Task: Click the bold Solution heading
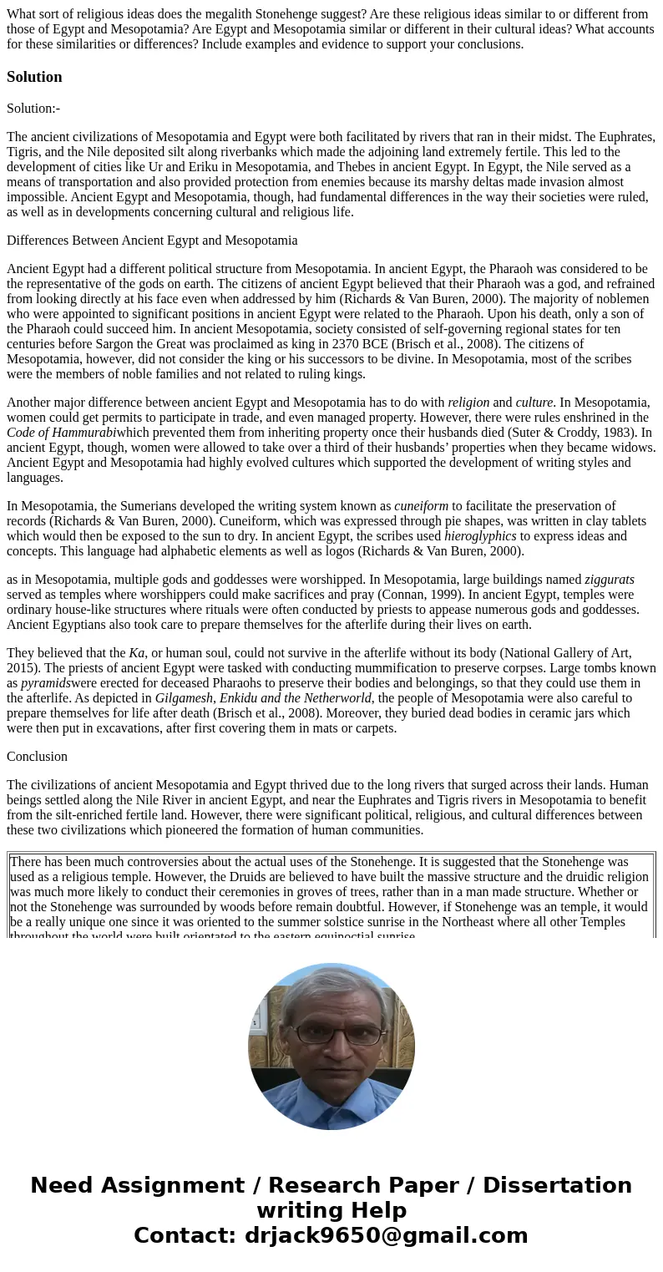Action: [x=34, y=77]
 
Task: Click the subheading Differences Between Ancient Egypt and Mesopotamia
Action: [x=152, y=241]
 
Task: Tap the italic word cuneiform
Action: [x=421, y=506]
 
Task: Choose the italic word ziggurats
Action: [x=609, y=580]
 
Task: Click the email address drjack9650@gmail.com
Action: [x=386, y=1236]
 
